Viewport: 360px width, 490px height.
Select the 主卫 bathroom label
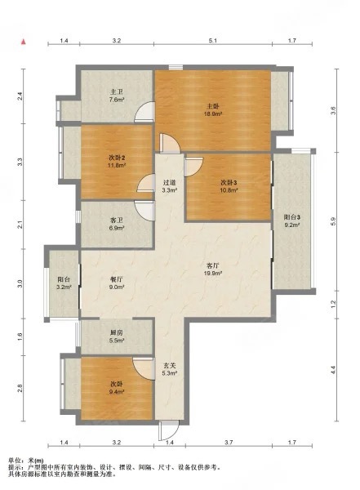(116, 91)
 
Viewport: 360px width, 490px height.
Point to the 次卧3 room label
(229, 182)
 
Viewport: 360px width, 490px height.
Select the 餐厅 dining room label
(116, 278)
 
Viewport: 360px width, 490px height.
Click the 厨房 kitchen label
(116, 332)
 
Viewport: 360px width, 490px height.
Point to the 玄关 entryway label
(169, 365)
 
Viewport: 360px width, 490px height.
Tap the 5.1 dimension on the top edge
(211, 40)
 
